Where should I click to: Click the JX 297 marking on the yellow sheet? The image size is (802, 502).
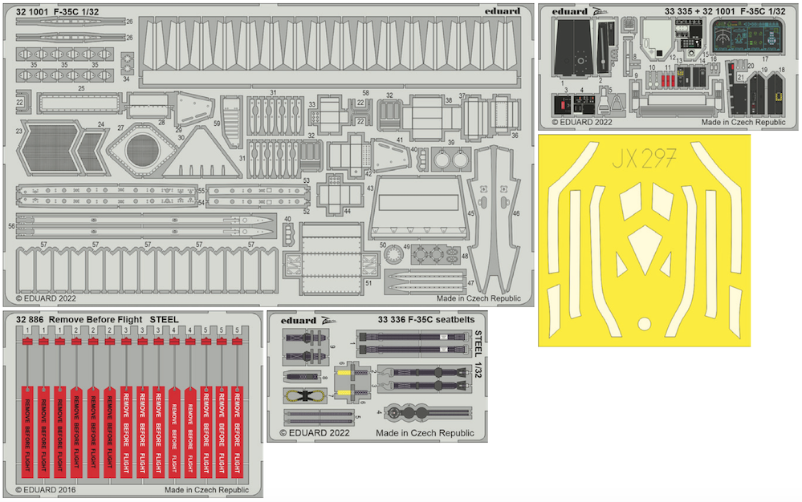click(644, 155)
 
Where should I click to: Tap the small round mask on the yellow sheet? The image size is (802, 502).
click(644, 324)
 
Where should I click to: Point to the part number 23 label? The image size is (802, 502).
click(18, 129)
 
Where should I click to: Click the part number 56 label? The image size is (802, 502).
click(11, 227)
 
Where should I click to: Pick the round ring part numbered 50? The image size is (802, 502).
click(393, 254)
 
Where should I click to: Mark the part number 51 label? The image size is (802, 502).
click(368, 283)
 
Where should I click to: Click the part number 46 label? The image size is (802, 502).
click(515, 213)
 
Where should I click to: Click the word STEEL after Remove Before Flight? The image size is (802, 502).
click(164, 319)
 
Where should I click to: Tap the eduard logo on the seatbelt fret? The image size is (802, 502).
click(299, 319)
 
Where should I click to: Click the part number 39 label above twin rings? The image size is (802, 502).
click(450, 143)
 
